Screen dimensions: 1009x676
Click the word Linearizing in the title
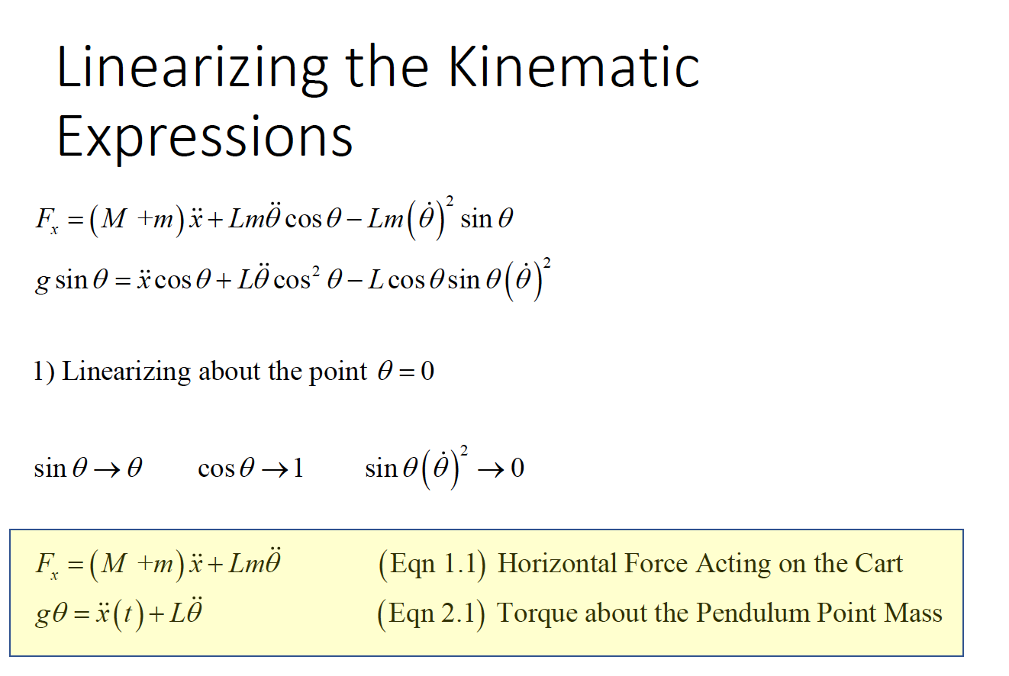(192, 69)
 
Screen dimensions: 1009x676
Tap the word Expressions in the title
(205, 136)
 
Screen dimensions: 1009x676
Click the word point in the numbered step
(338, 372)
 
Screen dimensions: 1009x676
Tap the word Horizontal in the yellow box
(556, 563)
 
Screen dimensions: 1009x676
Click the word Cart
(878, 563)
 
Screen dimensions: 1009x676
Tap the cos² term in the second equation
(297, 279)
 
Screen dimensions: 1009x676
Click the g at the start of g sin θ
(42, 282)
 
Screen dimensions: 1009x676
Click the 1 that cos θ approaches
(298, 468)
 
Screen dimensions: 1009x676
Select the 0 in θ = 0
(427, 372)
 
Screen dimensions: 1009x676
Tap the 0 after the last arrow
(517, 468)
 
